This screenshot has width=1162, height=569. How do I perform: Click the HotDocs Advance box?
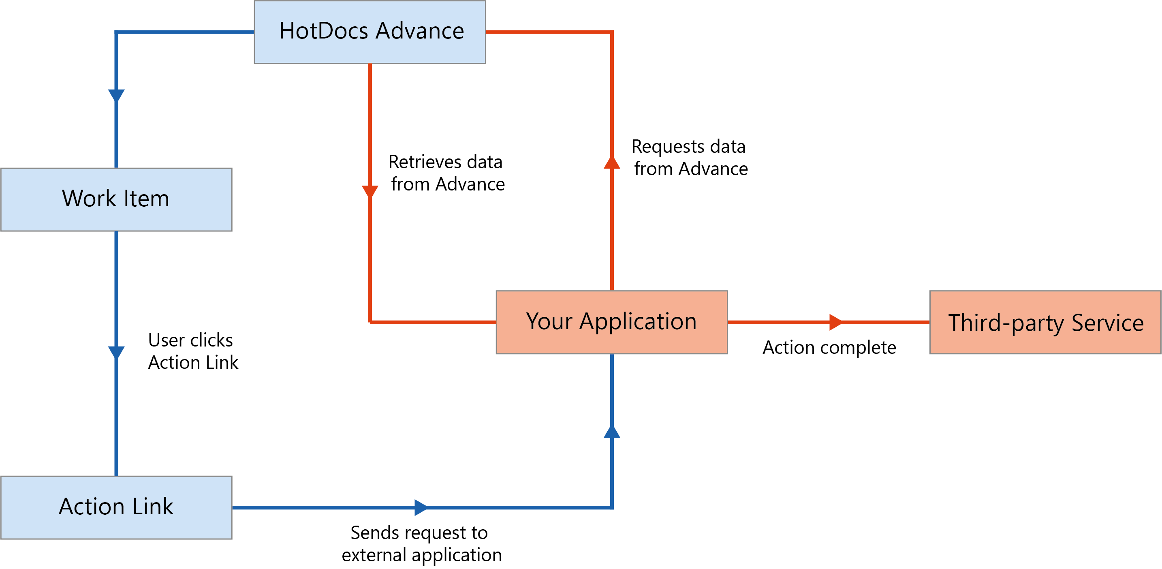(370, 32)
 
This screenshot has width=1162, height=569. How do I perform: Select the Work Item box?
(116, 199)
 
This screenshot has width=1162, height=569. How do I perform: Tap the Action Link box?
(116, 507)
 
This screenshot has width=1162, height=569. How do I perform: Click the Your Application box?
(611, 322)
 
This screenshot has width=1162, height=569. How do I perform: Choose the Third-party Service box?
(1045, 322)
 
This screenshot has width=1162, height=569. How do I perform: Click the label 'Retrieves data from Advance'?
(446, 173)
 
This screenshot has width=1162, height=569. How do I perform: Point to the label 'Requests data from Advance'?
(690, 158)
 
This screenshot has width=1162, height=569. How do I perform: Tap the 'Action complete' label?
(829, 347)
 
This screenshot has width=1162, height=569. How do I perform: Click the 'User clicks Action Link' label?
(192, 351)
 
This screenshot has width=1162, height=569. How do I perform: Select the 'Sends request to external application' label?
(421, 543)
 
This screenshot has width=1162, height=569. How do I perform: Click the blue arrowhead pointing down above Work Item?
(116, 95)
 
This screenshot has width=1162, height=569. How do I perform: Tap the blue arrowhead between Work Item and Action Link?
(116, 352)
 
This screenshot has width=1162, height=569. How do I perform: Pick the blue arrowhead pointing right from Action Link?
(421, 507)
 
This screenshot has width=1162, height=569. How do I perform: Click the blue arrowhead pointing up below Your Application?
(612, 432)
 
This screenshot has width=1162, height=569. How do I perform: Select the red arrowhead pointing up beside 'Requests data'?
(612, 163)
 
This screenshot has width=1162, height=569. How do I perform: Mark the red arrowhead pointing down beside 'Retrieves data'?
(370, 191)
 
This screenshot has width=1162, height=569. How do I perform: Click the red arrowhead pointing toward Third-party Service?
(835, 322)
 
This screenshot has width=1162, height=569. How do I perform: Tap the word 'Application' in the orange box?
(638, 322)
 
